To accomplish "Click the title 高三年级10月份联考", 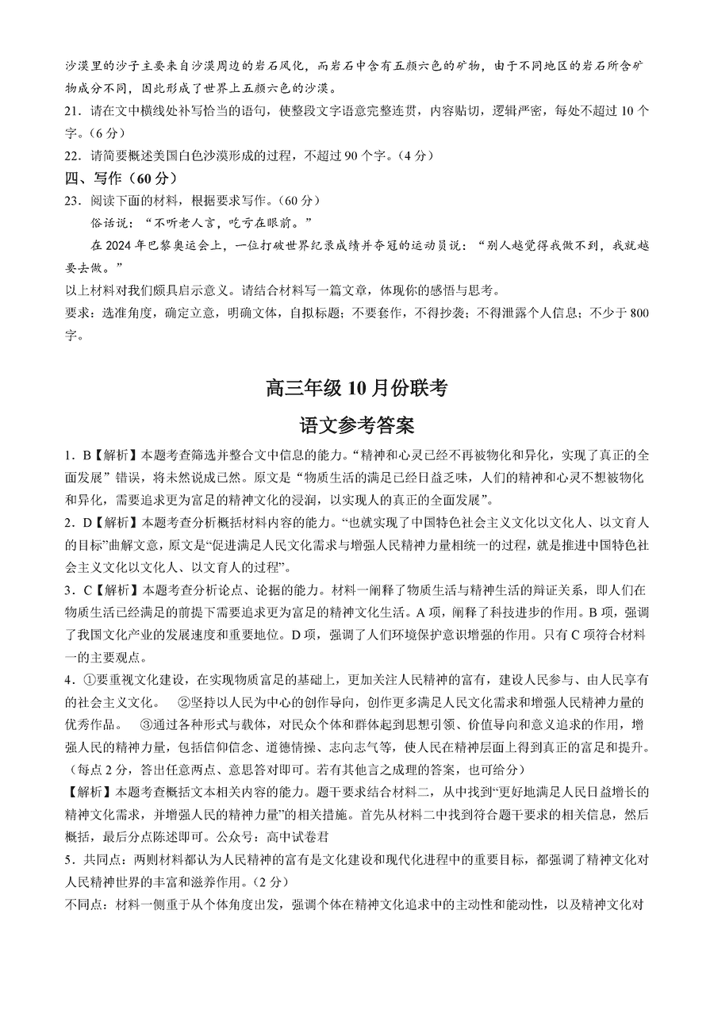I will pyautogui.click(x=357, y=388).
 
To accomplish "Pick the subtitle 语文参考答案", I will pyautogui.click(x=357, y=425).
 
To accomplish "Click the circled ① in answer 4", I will pyautogui.click(x=89, y=679).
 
